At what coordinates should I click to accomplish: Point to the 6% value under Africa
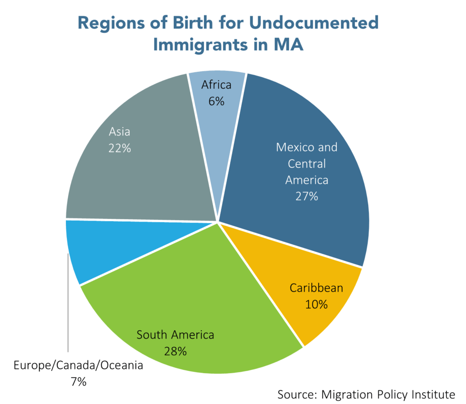tap(217, 101)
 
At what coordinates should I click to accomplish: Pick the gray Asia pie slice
tap(137, 173)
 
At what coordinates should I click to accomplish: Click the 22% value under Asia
tap(120, 148)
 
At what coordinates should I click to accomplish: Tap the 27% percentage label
tap(307, 197)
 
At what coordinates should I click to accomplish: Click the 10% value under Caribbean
tap(316, 304)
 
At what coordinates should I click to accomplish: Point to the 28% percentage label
tap(175, 351)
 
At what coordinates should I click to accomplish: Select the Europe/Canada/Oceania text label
tap(78, 365)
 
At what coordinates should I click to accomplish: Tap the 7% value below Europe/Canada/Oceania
tap(78, 381)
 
